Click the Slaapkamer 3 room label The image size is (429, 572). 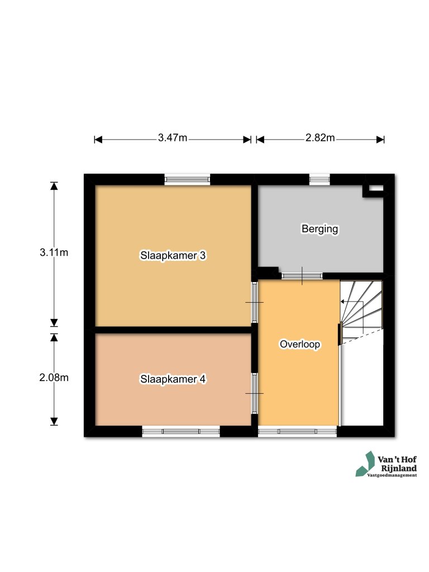(173, 255)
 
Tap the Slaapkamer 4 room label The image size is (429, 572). (173, 379)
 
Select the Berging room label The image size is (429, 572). (320, 228)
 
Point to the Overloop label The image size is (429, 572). (299, 345)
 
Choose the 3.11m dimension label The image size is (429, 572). (54, 252)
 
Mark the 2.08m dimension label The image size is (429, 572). (54, 378)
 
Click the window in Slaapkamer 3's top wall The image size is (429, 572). (188, 179)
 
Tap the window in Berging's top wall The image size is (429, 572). (320, 179)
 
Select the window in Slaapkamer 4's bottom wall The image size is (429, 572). (180, 431)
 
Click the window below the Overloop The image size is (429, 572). (298, 431)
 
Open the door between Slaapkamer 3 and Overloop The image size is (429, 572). (254, 302)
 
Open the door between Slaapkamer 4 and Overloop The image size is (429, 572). (254, 393)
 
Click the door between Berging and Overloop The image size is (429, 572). (302, 275)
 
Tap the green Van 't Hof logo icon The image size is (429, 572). (366, 464)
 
